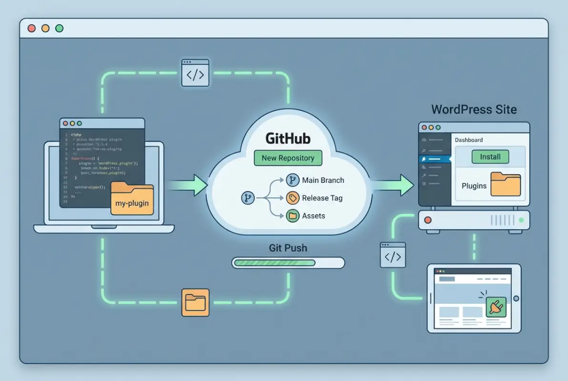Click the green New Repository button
[288, 158]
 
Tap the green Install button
[490, 157]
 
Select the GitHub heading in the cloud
[288, 139]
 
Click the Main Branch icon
[292, 180]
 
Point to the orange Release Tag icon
[292, 198]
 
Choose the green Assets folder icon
[292, 216]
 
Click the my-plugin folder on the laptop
[132, 199]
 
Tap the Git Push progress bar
[288, 262]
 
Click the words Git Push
[288, 248]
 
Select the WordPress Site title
[474, 109]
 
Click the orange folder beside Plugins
[506, 185]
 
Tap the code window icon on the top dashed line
[195, 73]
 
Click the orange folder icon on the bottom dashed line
[195, 302]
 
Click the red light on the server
[427, 221]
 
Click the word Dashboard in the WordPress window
[468, 140]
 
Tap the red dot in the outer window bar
[32, 29]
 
